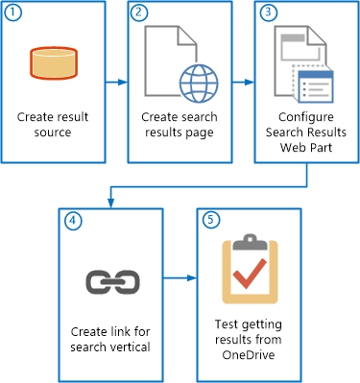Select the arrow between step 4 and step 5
coord(179,280)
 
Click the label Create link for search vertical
coord(108,338)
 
